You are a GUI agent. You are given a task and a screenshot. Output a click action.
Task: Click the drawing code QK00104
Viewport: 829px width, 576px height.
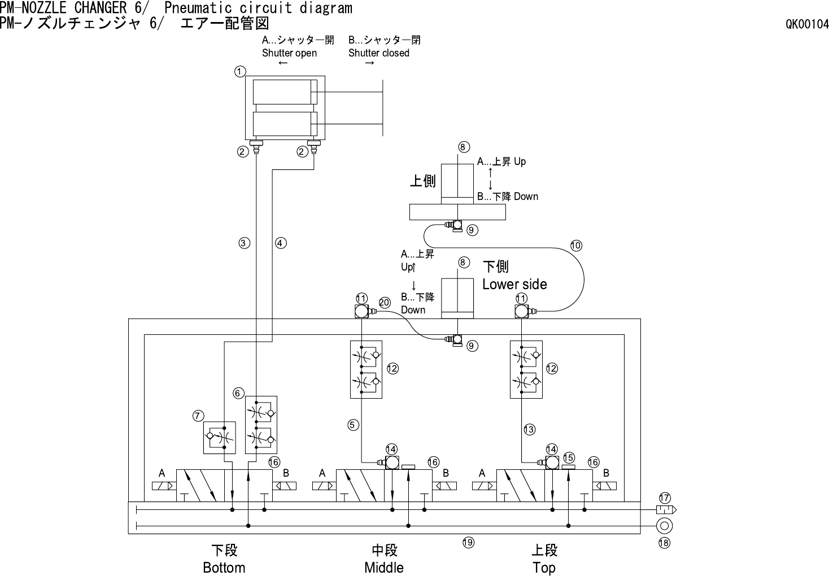pos(807,24)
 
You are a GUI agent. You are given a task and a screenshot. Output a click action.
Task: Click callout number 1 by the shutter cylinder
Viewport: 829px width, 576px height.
pos(240,72)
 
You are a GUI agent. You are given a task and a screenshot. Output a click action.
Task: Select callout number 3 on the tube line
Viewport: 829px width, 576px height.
pos(244,243)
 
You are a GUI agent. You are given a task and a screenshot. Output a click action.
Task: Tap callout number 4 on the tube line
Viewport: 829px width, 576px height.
pos(281,243)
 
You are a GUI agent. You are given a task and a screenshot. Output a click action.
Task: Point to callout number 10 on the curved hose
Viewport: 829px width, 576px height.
pos(576,246)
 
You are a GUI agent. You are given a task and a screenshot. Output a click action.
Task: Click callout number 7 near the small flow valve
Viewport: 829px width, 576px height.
pos(198,416)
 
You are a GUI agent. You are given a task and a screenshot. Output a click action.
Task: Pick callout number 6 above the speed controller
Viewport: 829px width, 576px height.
pos(239,393)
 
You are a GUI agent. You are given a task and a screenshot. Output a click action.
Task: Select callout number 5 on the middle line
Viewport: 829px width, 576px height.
pos(354,425)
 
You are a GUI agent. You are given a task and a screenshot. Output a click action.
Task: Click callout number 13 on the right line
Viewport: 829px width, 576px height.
pos(529,430)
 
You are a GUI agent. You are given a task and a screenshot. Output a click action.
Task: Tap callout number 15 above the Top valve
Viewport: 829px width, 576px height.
pos(569,458)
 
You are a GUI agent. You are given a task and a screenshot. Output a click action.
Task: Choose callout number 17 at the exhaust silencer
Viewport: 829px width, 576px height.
pos(665,498)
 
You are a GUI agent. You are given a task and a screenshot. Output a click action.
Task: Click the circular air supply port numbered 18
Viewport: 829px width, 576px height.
pos(664,526)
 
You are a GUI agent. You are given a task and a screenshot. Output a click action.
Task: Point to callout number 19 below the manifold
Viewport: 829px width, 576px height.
pos(468,543)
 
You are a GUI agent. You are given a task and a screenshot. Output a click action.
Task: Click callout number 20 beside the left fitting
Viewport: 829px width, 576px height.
pos(385,303)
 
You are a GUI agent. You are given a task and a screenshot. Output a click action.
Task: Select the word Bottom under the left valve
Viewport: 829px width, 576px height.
pos(224,568)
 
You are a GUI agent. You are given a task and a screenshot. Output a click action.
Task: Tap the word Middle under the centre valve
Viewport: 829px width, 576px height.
pos(384,568)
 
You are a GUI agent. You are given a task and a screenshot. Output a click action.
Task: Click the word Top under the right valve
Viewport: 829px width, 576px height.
pos(544,568)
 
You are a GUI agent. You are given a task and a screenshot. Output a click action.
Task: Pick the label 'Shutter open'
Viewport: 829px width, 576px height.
pos(289,53)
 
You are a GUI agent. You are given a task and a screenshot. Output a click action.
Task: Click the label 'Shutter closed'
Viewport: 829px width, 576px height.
pos(378,53)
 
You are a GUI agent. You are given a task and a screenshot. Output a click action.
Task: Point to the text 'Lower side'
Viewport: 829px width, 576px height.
pos(514,284)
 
